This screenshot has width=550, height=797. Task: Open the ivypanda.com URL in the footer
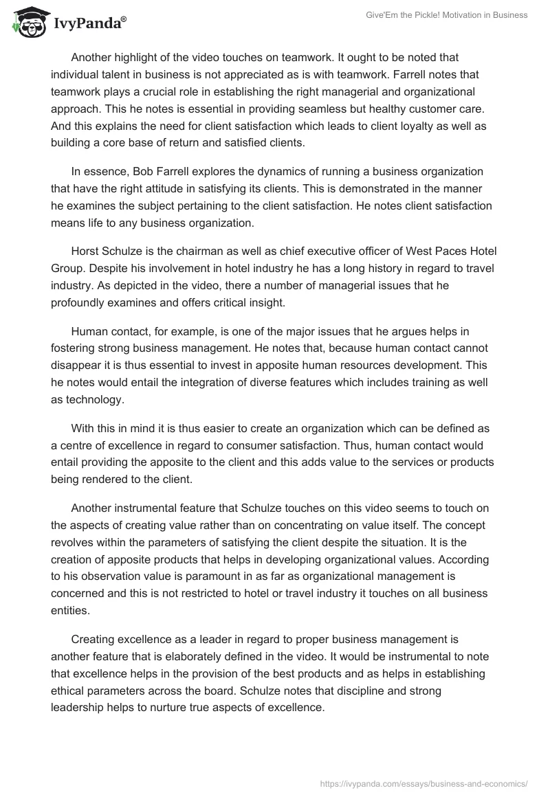pos(425,782)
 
